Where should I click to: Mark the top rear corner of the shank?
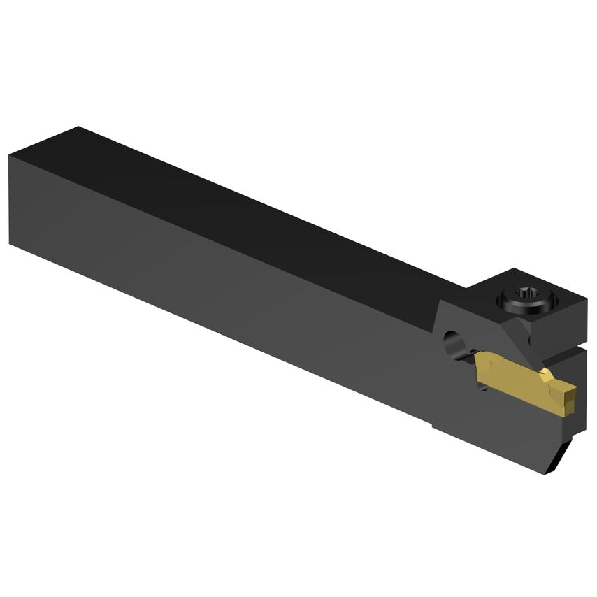coord(78,127)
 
